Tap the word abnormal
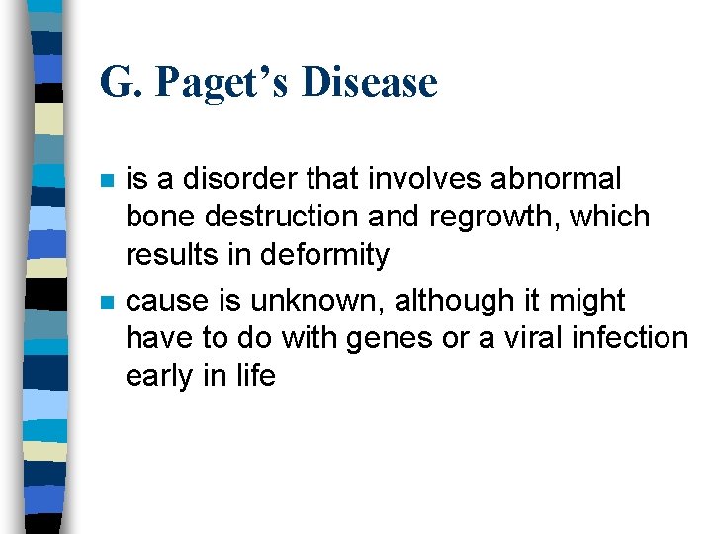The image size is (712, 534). click(562, 179)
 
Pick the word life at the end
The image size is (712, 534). click(254, 376)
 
